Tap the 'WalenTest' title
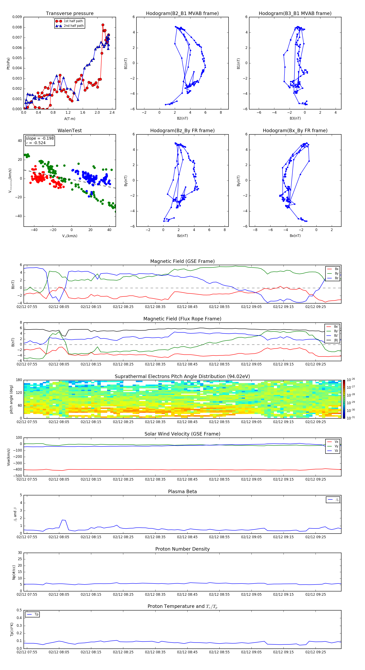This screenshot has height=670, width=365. (x=70, y=131)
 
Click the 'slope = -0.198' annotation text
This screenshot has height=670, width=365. (x=40, y=138)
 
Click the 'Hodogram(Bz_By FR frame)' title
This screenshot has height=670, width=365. (x=182, y=131)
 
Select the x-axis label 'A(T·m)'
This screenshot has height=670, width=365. (x=70, y=119)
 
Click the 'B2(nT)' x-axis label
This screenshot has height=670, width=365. (x=182, y=118)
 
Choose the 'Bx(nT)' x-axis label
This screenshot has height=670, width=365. (x=295, y=236)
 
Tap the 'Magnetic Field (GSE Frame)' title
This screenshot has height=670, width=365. (x=182, y=261)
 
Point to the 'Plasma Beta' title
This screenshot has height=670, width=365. (x=182, y=492)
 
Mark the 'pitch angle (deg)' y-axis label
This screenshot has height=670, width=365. (x=11, y=399)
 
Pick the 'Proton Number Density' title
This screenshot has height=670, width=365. (x=182, y=549)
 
